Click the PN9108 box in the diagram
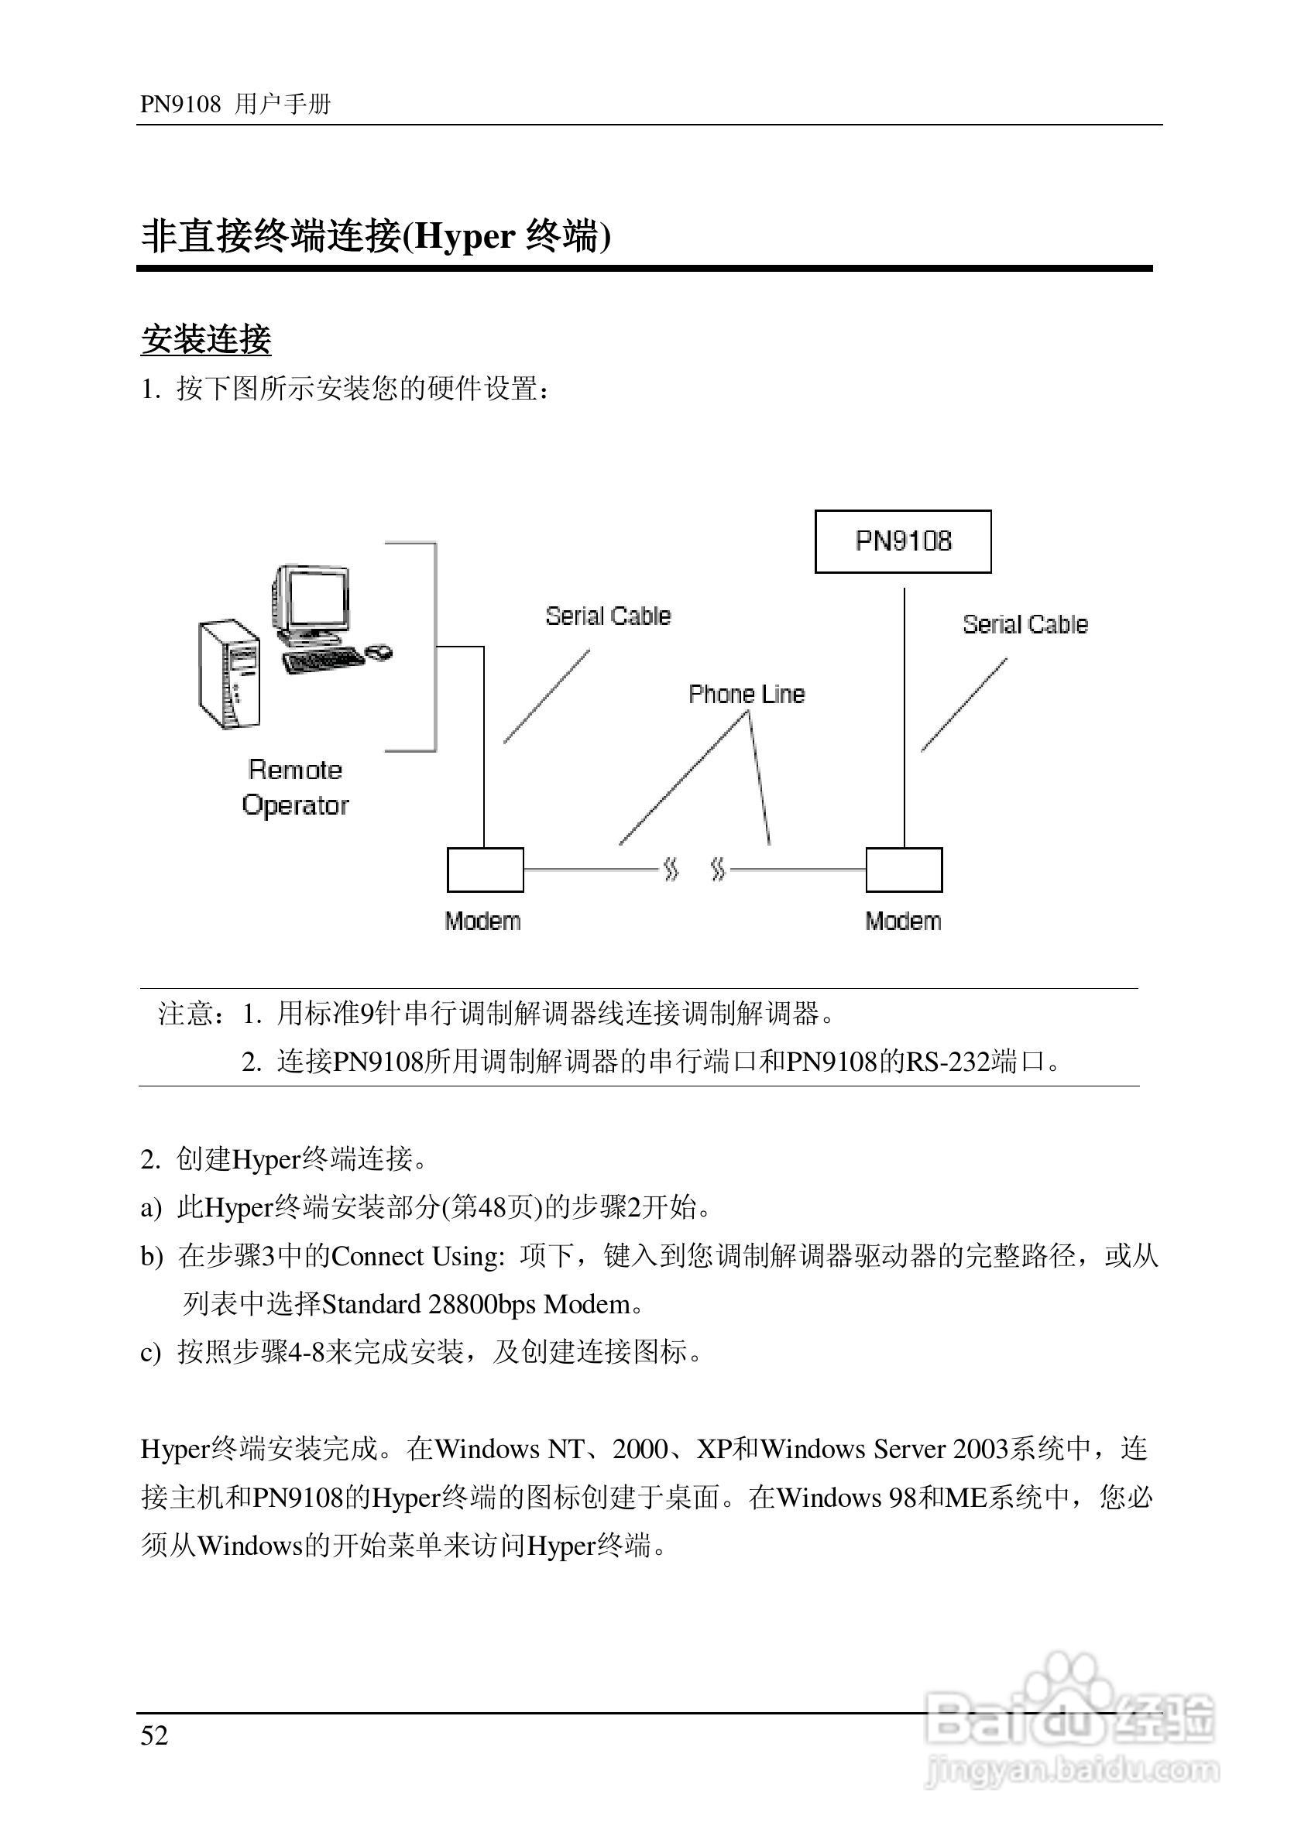[x=903, y=542]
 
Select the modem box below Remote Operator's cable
[x=485, y=870]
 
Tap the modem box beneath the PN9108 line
[x=904, y=870]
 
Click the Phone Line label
[x=747, y=695]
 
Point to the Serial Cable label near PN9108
[x=1025, y=624]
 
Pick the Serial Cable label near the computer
[x=608, y=616]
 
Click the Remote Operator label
[x=295, y=788]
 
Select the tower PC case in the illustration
[x=229, y=674]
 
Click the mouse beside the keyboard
[x=379, y=651]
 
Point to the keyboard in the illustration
[x=323, y=660]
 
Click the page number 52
[x=154, y=1735]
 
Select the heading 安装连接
[x=206, y=339]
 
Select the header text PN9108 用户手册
[x=235, y=105]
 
